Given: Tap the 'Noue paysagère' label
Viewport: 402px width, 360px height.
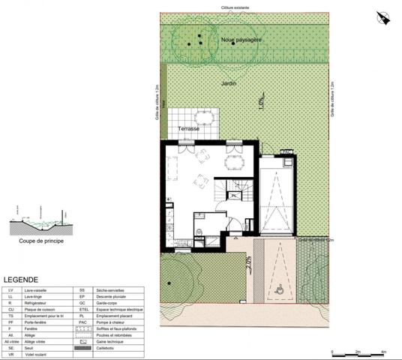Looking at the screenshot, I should (241, 40).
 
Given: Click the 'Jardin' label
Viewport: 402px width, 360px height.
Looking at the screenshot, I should (229, 84).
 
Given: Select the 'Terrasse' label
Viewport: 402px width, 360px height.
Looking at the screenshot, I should (188, 129).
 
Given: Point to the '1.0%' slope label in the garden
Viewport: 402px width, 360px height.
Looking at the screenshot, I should (260, 100).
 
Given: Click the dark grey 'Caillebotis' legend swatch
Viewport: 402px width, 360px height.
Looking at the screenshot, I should (84, 348).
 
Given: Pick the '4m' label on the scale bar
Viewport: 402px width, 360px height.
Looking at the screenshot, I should (383, 352).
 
